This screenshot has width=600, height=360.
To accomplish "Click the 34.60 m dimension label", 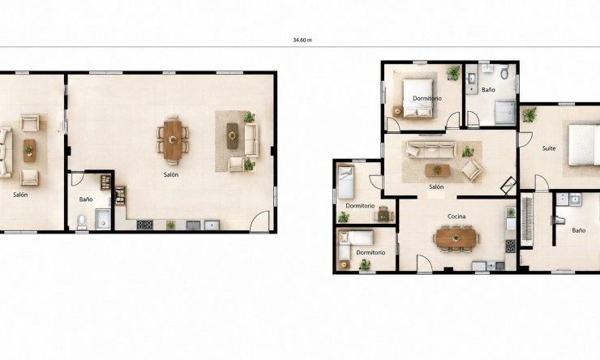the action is coord(302,40).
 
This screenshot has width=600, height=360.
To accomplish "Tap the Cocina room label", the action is coord(456,216).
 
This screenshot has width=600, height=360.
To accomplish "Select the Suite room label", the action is coord(549,148).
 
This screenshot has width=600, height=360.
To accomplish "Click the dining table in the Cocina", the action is coord(456,238).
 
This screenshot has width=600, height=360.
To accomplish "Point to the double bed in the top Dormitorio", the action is coord(418,98).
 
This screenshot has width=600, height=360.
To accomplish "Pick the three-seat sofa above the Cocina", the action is coord(431,149).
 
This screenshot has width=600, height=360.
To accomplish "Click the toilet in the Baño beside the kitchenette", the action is coord(82,221).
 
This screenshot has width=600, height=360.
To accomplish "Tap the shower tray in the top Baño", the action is coord(505,113).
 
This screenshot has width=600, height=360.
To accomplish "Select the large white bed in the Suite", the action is coord(585,145).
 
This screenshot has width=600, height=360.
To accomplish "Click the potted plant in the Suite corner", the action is coord(530,114).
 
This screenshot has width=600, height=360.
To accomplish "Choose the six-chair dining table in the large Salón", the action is coord(173,139).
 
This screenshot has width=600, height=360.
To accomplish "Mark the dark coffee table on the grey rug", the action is coord(232,136).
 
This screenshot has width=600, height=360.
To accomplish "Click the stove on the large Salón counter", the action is coord(145,225).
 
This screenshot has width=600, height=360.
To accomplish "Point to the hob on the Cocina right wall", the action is coord(511,246).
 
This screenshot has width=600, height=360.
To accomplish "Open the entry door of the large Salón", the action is coord(259,221).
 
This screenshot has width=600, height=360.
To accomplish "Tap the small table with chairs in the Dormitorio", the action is coord(383,216).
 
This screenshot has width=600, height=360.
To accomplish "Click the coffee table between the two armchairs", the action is coord(29,150).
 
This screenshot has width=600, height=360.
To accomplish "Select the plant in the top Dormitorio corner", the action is coord(453,73).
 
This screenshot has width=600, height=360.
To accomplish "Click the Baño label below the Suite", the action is coord(579,231).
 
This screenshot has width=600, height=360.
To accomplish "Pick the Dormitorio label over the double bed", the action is coord(427,98).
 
